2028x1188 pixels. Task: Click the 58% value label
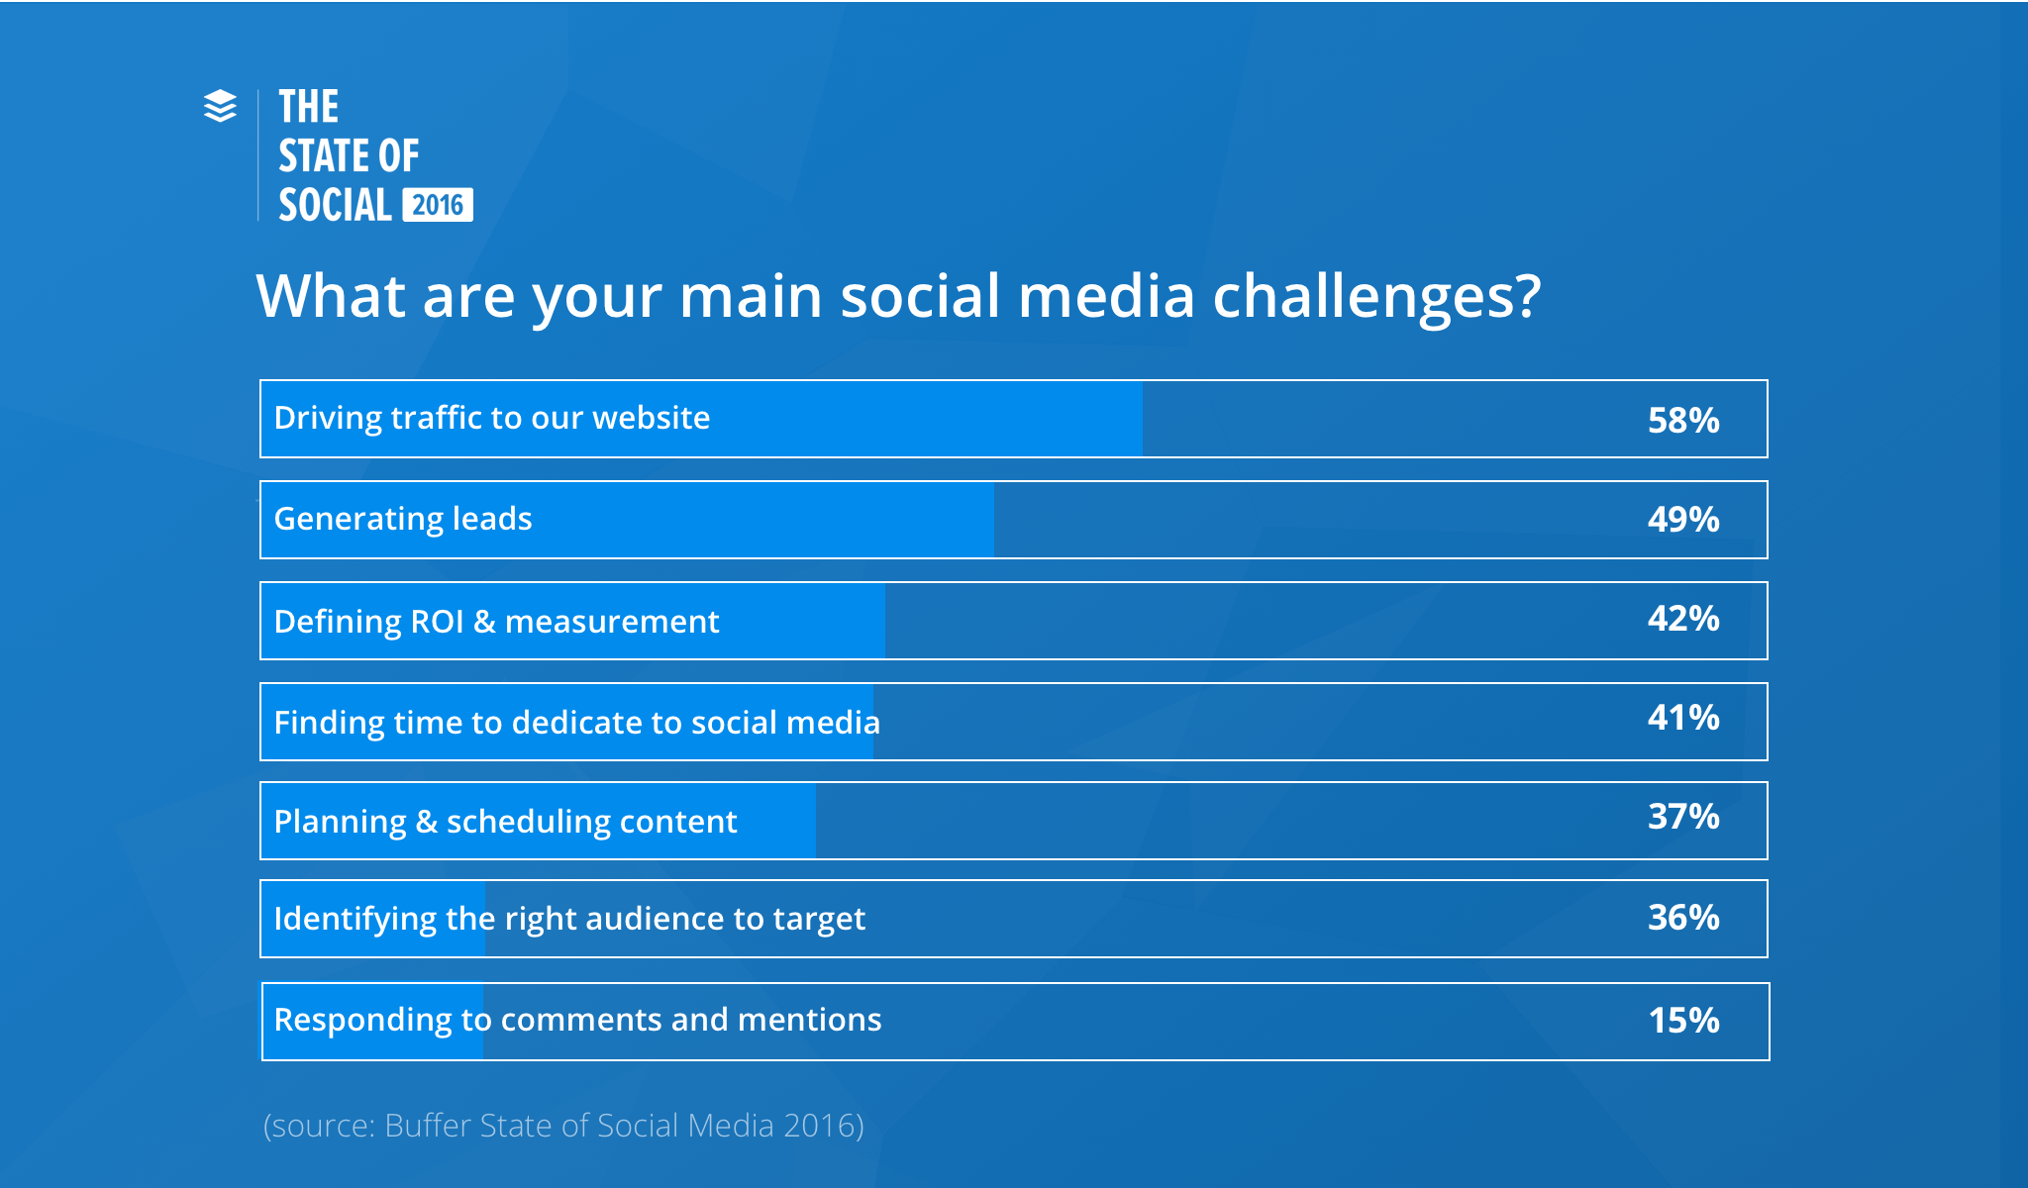click(1682, 421)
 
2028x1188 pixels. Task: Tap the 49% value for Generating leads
click(1682, 520)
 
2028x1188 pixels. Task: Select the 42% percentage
click(1682, 619)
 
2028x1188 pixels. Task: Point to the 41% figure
click(1682, 718)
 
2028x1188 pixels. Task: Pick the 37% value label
click(1682, 817)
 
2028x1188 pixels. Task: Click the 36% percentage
click(1682, 918)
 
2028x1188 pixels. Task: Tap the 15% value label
click(1682, 1021)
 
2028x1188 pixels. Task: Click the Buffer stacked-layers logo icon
click(220, 106)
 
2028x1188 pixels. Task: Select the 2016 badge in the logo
click(438, 205)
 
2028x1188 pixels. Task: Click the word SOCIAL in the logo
click(335, 205)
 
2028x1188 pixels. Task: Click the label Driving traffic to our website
click(491, 418)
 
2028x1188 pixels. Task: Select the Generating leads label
click(402, 519)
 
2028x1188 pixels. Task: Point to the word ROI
click(437, 622)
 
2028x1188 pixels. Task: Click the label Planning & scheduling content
click(505, 822)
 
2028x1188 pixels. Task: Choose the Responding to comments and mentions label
click(577, 1020)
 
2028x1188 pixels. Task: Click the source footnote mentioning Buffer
click(563, 1126)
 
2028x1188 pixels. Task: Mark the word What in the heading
click(331, 296)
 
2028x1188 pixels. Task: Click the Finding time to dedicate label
click(576, 723)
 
